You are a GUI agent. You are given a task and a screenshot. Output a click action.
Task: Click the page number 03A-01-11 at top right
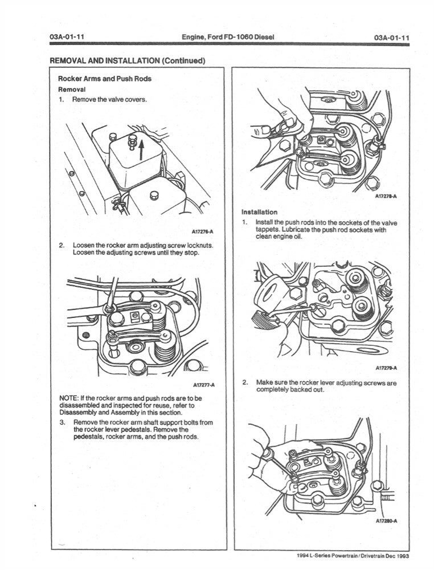[392, 38]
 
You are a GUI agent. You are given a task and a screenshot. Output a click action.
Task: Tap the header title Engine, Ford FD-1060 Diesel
[227, 38]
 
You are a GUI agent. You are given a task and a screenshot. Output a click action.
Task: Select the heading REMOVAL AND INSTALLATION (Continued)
[127, 60]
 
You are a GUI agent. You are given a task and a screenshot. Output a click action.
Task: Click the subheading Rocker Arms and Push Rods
[105, 79]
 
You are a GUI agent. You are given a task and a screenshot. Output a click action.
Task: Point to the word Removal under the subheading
[72, 89]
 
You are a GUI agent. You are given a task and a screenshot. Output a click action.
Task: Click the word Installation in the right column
[259, 211]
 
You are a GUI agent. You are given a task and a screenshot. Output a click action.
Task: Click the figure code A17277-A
[203, 385]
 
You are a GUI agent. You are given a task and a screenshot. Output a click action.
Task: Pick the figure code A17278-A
[386, 196]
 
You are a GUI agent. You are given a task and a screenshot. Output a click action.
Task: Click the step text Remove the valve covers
[109, 100]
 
